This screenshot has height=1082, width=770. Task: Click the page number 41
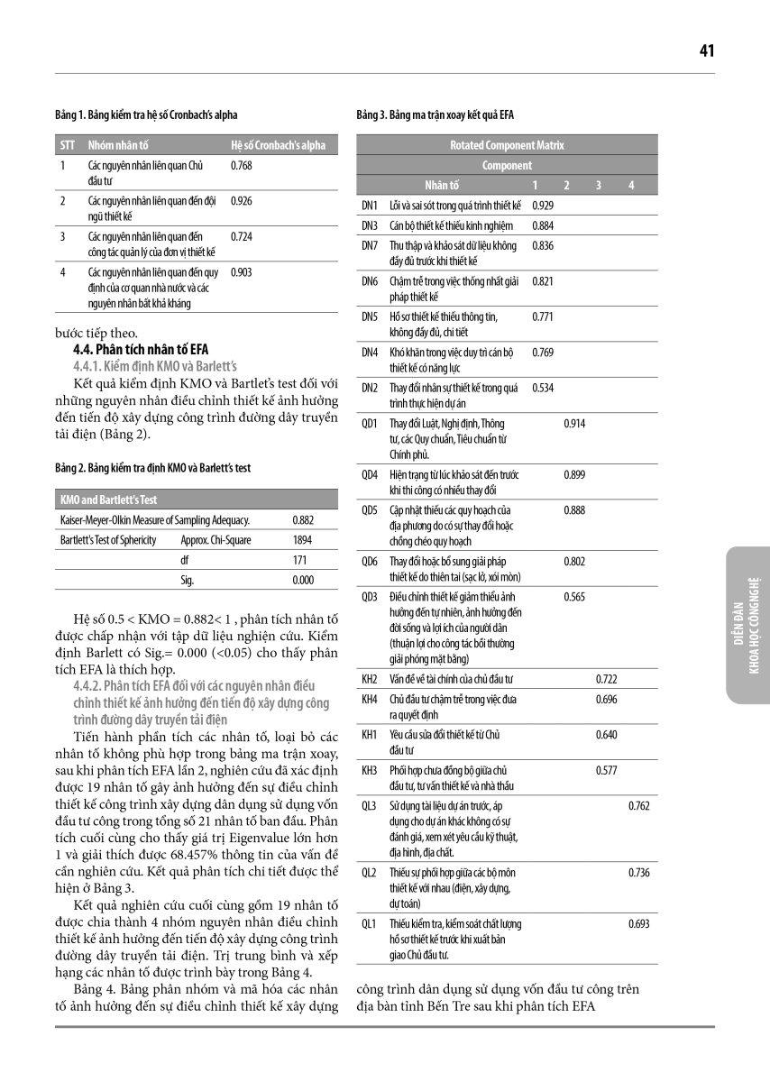(x=706, y=51)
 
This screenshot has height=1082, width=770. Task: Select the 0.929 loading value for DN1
(x=543, y=206)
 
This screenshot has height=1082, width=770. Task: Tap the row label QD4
(x=369, y=473)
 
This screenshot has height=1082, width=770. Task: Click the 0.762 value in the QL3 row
(x=638, y=806)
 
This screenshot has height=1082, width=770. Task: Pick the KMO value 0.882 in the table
(x=303, y=520)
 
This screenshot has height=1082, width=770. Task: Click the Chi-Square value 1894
(x=303, y=540)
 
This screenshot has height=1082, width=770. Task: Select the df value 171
(x=303, y=560)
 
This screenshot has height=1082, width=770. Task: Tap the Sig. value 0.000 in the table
(x=303, y=581)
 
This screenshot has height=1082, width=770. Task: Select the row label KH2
(x=369, y=678)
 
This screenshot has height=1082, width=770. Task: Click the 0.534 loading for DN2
(x=543, y=388)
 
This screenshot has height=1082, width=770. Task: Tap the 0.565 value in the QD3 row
(x=574, y=597)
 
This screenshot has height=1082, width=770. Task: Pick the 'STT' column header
(x=67, y=145)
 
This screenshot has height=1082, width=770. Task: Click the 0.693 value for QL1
(x=638, y=923)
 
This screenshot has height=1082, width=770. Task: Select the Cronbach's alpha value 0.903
(x=241, y=270)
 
